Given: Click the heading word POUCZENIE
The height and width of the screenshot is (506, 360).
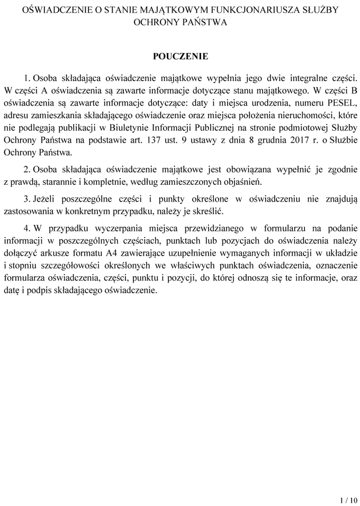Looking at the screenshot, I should pyautogui.click(x=181, y=57).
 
